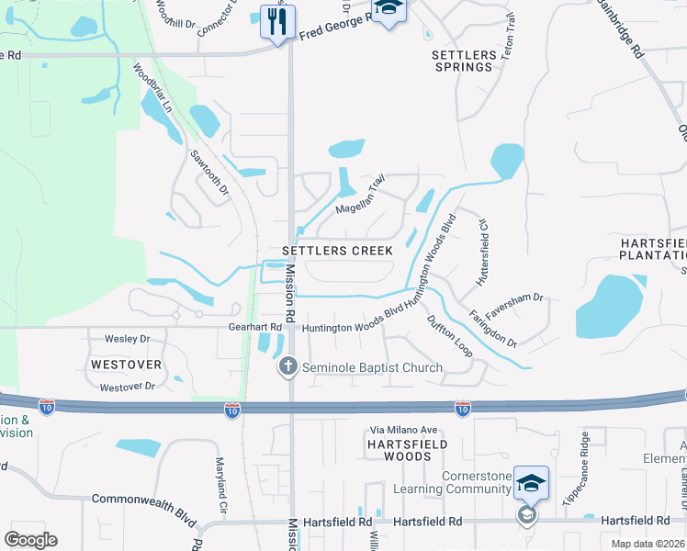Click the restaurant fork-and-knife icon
[x=277, y=21]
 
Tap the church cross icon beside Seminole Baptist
[x=287, y=367]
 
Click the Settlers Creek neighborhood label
[x=337, y=251]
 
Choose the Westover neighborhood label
[x=126, y=365]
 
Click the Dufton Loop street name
[x=450, y=336]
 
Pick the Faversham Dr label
[x=514, y=305]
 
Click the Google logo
[x=30, y=540]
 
